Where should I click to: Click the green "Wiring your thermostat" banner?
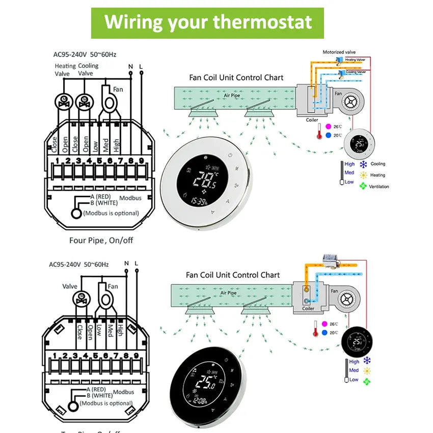(207, 23)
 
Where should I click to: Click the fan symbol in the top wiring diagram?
(108, 101)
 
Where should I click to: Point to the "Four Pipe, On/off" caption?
(101, 239)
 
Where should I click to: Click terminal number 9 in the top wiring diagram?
(141, 161)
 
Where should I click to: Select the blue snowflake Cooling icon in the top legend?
(364, 165)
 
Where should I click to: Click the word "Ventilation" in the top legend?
(380, 186)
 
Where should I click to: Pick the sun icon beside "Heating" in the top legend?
(364, 175)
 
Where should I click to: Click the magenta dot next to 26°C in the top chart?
(329, 126)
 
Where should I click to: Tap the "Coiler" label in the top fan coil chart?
(312, 120)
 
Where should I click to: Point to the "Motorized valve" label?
(339, 52)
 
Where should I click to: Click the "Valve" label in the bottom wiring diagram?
(70, 286)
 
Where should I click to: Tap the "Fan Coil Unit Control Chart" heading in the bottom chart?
(233, 275)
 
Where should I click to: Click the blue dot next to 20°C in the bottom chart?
(324, 333)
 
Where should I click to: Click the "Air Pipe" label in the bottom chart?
(228, 293)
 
